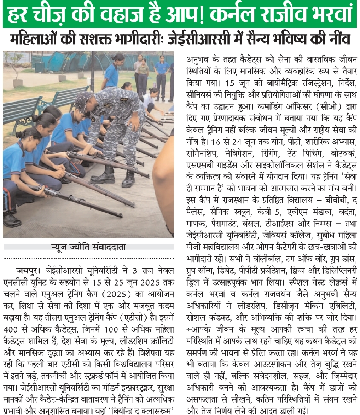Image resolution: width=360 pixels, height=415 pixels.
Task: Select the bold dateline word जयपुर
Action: [x=28, y=271]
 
